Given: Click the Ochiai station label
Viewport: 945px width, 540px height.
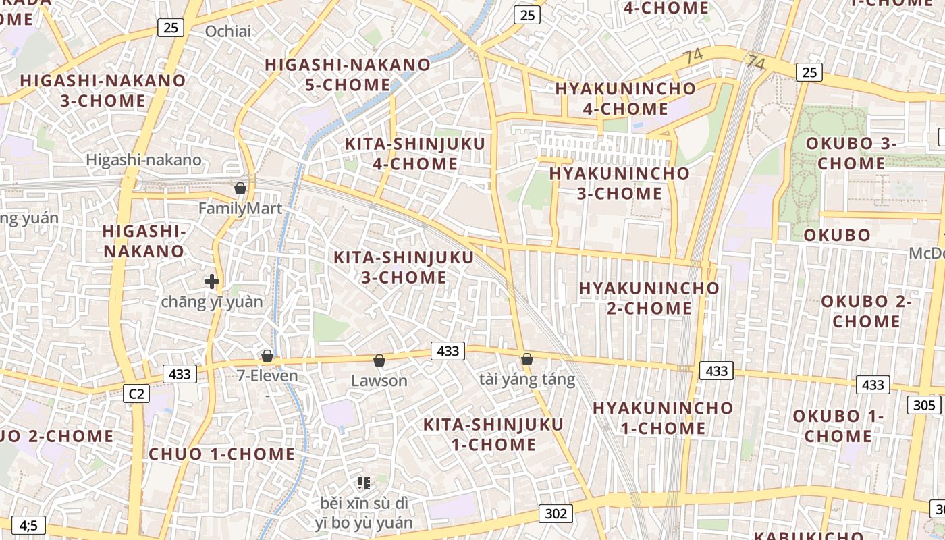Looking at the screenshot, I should (x=227, y=31).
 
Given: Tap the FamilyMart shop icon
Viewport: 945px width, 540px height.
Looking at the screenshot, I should (x=240, y=188).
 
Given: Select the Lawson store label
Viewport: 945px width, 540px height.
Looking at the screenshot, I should (x=379, y=381).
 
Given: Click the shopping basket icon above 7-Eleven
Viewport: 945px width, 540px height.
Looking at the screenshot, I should (x=267, y=356).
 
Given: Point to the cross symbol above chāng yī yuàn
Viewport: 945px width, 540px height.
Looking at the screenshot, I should (x=212, y=281).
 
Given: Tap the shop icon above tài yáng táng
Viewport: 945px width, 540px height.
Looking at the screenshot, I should (x=527, y=359).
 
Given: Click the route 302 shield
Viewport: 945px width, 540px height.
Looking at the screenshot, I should (x=556, y=514).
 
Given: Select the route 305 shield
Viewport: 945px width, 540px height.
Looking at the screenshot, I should (x=924, y=405).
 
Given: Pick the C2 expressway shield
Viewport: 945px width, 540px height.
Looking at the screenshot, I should (x=136, y=394).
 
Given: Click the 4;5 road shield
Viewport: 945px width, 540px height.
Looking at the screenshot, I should (x=28, y=524).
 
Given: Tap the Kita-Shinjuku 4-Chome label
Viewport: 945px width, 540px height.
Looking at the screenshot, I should (x=414, y=154).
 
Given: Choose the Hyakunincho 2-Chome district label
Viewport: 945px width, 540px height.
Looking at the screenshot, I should (x=649, y=298).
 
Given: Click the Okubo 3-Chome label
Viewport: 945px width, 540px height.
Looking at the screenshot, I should (x=850, y=153).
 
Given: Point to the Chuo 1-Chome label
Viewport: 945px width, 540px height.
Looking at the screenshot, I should (x=221, y=454).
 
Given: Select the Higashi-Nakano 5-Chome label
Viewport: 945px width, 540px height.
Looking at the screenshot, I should (x=348, y=75).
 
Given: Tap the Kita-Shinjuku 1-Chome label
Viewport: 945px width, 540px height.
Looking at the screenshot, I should (x=493, y=434).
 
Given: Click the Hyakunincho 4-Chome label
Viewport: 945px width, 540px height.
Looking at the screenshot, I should (x=625, y=99).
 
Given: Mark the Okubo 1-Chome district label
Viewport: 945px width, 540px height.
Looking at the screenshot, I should (x=838, y=426).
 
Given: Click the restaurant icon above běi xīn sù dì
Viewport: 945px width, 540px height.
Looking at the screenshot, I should (x=364, y=483).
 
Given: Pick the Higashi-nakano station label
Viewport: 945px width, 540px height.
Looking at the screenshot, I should (x=144, y=160).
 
